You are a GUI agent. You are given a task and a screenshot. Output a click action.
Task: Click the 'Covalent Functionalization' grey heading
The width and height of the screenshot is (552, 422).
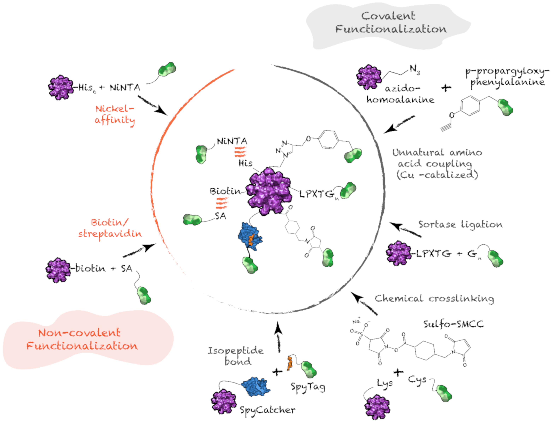(391, 23)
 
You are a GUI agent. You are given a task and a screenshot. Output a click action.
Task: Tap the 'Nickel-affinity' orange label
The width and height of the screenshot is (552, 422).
(115, 114)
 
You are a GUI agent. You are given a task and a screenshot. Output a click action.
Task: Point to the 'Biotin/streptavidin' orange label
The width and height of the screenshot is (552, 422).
(110, 228)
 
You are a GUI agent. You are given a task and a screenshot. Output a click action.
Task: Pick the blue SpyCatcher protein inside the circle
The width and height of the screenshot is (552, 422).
(250, 236)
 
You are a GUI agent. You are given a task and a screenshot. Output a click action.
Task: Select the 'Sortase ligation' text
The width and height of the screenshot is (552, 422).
(460, 224)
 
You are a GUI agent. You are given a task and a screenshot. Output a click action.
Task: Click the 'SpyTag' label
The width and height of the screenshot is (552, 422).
(308, 387)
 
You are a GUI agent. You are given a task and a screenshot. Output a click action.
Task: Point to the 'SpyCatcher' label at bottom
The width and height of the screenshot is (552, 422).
(267, 410)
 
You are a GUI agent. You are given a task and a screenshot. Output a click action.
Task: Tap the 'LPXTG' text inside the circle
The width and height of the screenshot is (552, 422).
(317, 194)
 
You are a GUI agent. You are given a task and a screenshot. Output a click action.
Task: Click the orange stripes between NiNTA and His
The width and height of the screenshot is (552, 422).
(240, 152)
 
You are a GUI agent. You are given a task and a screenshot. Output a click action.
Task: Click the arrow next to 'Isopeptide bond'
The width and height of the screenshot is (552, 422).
(278, 338)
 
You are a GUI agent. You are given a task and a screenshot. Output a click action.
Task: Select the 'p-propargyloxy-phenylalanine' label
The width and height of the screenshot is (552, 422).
(507, 77)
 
